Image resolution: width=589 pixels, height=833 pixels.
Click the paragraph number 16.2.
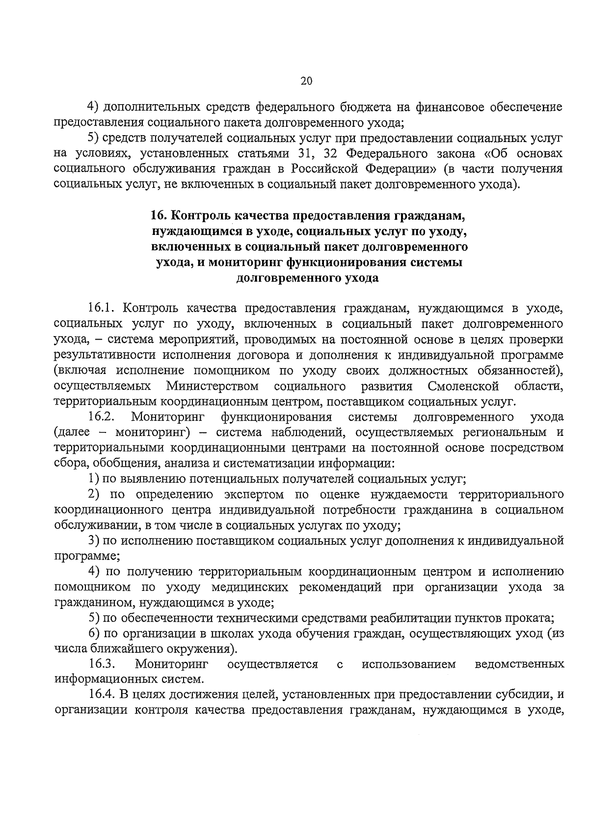[101, 417]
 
